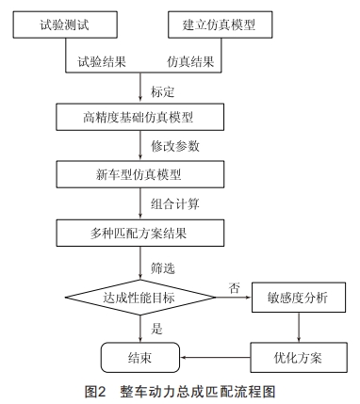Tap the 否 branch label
pos(233,286)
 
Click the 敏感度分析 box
pos(299,299)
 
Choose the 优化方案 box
pos(299,357)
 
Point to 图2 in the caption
pos(96,390)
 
